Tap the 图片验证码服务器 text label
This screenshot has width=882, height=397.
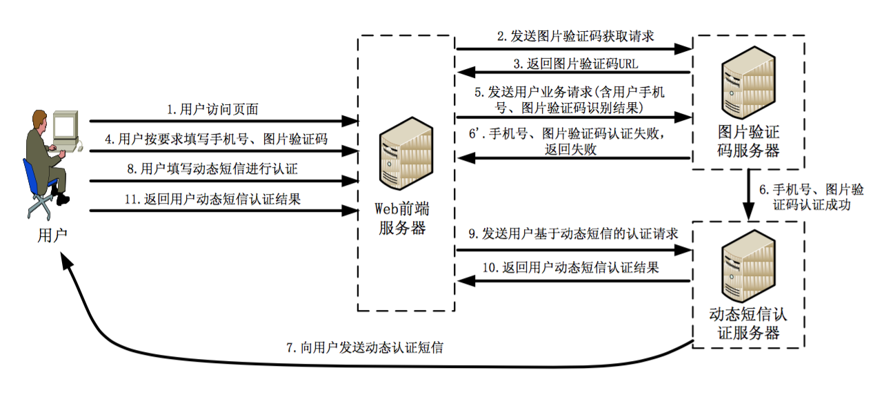click(749, 142)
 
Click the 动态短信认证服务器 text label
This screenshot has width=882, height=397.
click(748, 324)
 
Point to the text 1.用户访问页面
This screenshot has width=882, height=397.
click(213, 109)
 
